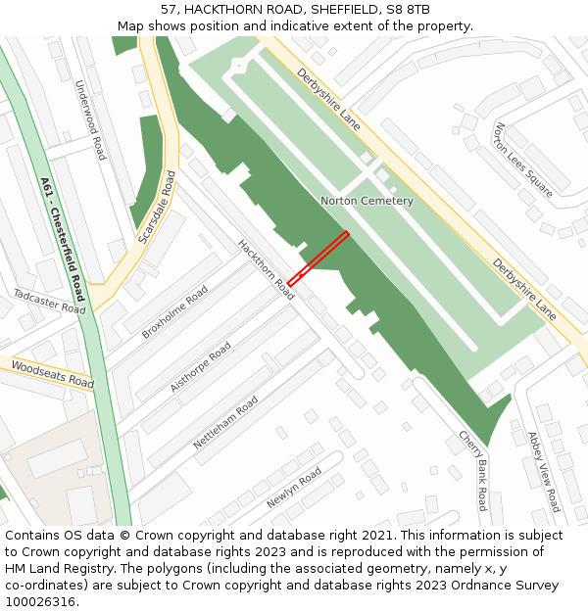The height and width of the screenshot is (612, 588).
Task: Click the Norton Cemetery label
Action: pos(367,201)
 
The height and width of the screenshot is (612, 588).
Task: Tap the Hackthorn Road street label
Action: pos(266,269)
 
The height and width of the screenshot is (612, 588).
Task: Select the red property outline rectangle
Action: pos(318,259)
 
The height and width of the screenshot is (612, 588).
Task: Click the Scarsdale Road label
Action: pos(157,208)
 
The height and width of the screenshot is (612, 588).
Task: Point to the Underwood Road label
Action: pos(90,119)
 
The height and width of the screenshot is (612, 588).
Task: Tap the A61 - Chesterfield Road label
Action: pos(63,239)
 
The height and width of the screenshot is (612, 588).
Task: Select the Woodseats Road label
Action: pos(53,374)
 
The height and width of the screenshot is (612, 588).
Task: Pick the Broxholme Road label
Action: pos(174,312)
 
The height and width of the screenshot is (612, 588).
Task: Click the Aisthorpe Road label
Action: pos(201,367)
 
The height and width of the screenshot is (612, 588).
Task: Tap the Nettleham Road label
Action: pos(225,422)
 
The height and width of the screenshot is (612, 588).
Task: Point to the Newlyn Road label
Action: pos(294,487)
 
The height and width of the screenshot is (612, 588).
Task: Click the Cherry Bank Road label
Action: pos(471,470)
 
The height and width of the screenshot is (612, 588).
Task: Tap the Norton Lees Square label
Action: pos(523,159)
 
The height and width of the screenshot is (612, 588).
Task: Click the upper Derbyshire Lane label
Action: pos(329,100)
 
